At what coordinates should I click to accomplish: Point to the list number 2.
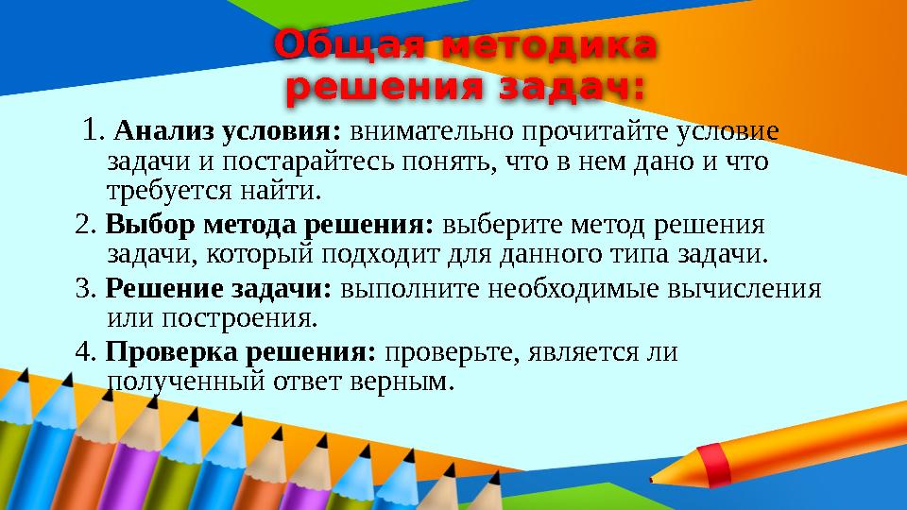point(84,227)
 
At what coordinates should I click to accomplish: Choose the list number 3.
point(84,288)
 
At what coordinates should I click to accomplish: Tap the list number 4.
point(85,353)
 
